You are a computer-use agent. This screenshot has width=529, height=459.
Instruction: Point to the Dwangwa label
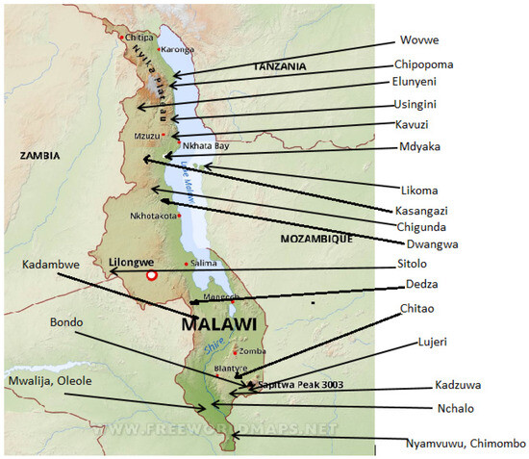point(425,244)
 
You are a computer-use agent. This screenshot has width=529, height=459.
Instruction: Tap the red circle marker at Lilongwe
point(151,276)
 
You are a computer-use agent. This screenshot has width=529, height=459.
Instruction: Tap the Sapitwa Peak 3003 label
point(301,384)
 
